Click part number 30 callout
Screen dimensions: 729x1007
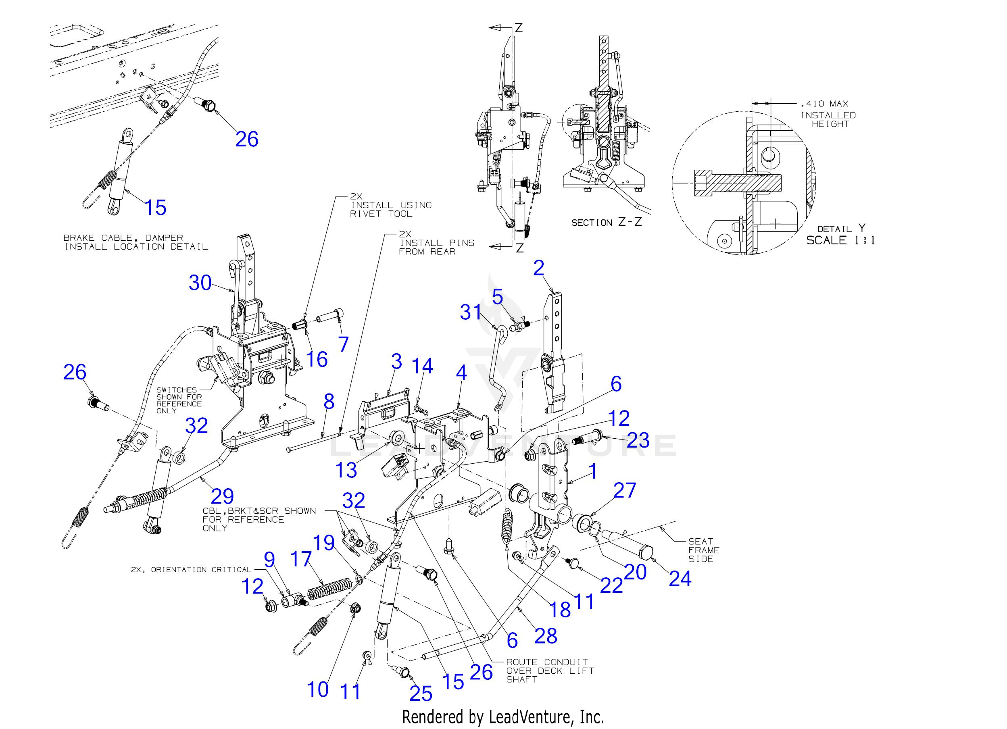click(200, 282)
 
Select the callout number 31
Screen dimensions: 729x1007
click(471, 312)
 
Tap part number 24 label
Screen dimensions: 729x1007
click(680, 579)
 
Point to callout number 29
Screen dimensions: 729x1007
click(222, 496)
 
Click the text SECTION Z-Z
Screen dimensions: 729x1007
click(607, 223)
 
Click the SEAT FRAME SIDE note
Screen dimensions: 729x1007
click(704, 550)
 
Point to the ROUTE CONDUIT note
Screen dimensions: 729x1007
click(550, 671)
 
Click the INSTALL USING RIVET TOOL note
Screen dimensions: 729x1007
click(391, 209)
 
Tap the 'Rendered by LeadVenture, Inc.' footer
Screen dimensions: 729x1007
click(503, 717)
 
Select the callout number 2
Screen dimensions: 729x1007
click(538, 268)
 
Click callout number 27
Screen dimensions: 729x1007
click(625, 491)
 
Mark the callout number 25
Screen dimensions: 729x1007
click(421, 694)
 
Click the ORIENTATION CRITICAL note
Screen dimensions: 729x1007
click(191, 570)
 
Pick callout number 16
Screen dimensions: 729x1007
click(317, 359)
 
